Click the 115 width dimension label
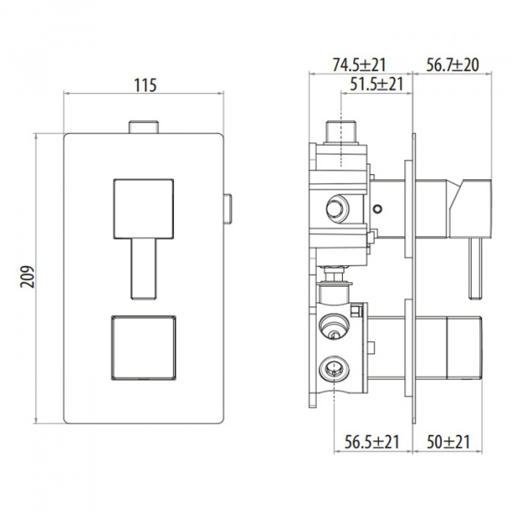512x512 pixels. point(145,85)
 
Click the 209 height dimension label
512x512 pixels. point(27,276)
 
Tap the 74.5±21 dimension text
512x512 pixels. point(359,65)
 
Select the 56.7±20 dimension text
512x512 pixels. point(452,65)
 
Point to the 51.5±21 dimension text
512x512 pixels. point(377,84)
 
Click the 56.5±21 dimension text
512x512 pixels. point(372,442)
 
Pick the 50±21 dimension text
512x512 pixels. point(448,442)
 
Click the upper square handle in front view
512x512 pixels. point(143,208)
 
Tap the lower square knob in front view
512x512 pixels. point(143,347)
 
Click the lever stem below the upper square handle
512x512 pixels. point(143,269)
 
